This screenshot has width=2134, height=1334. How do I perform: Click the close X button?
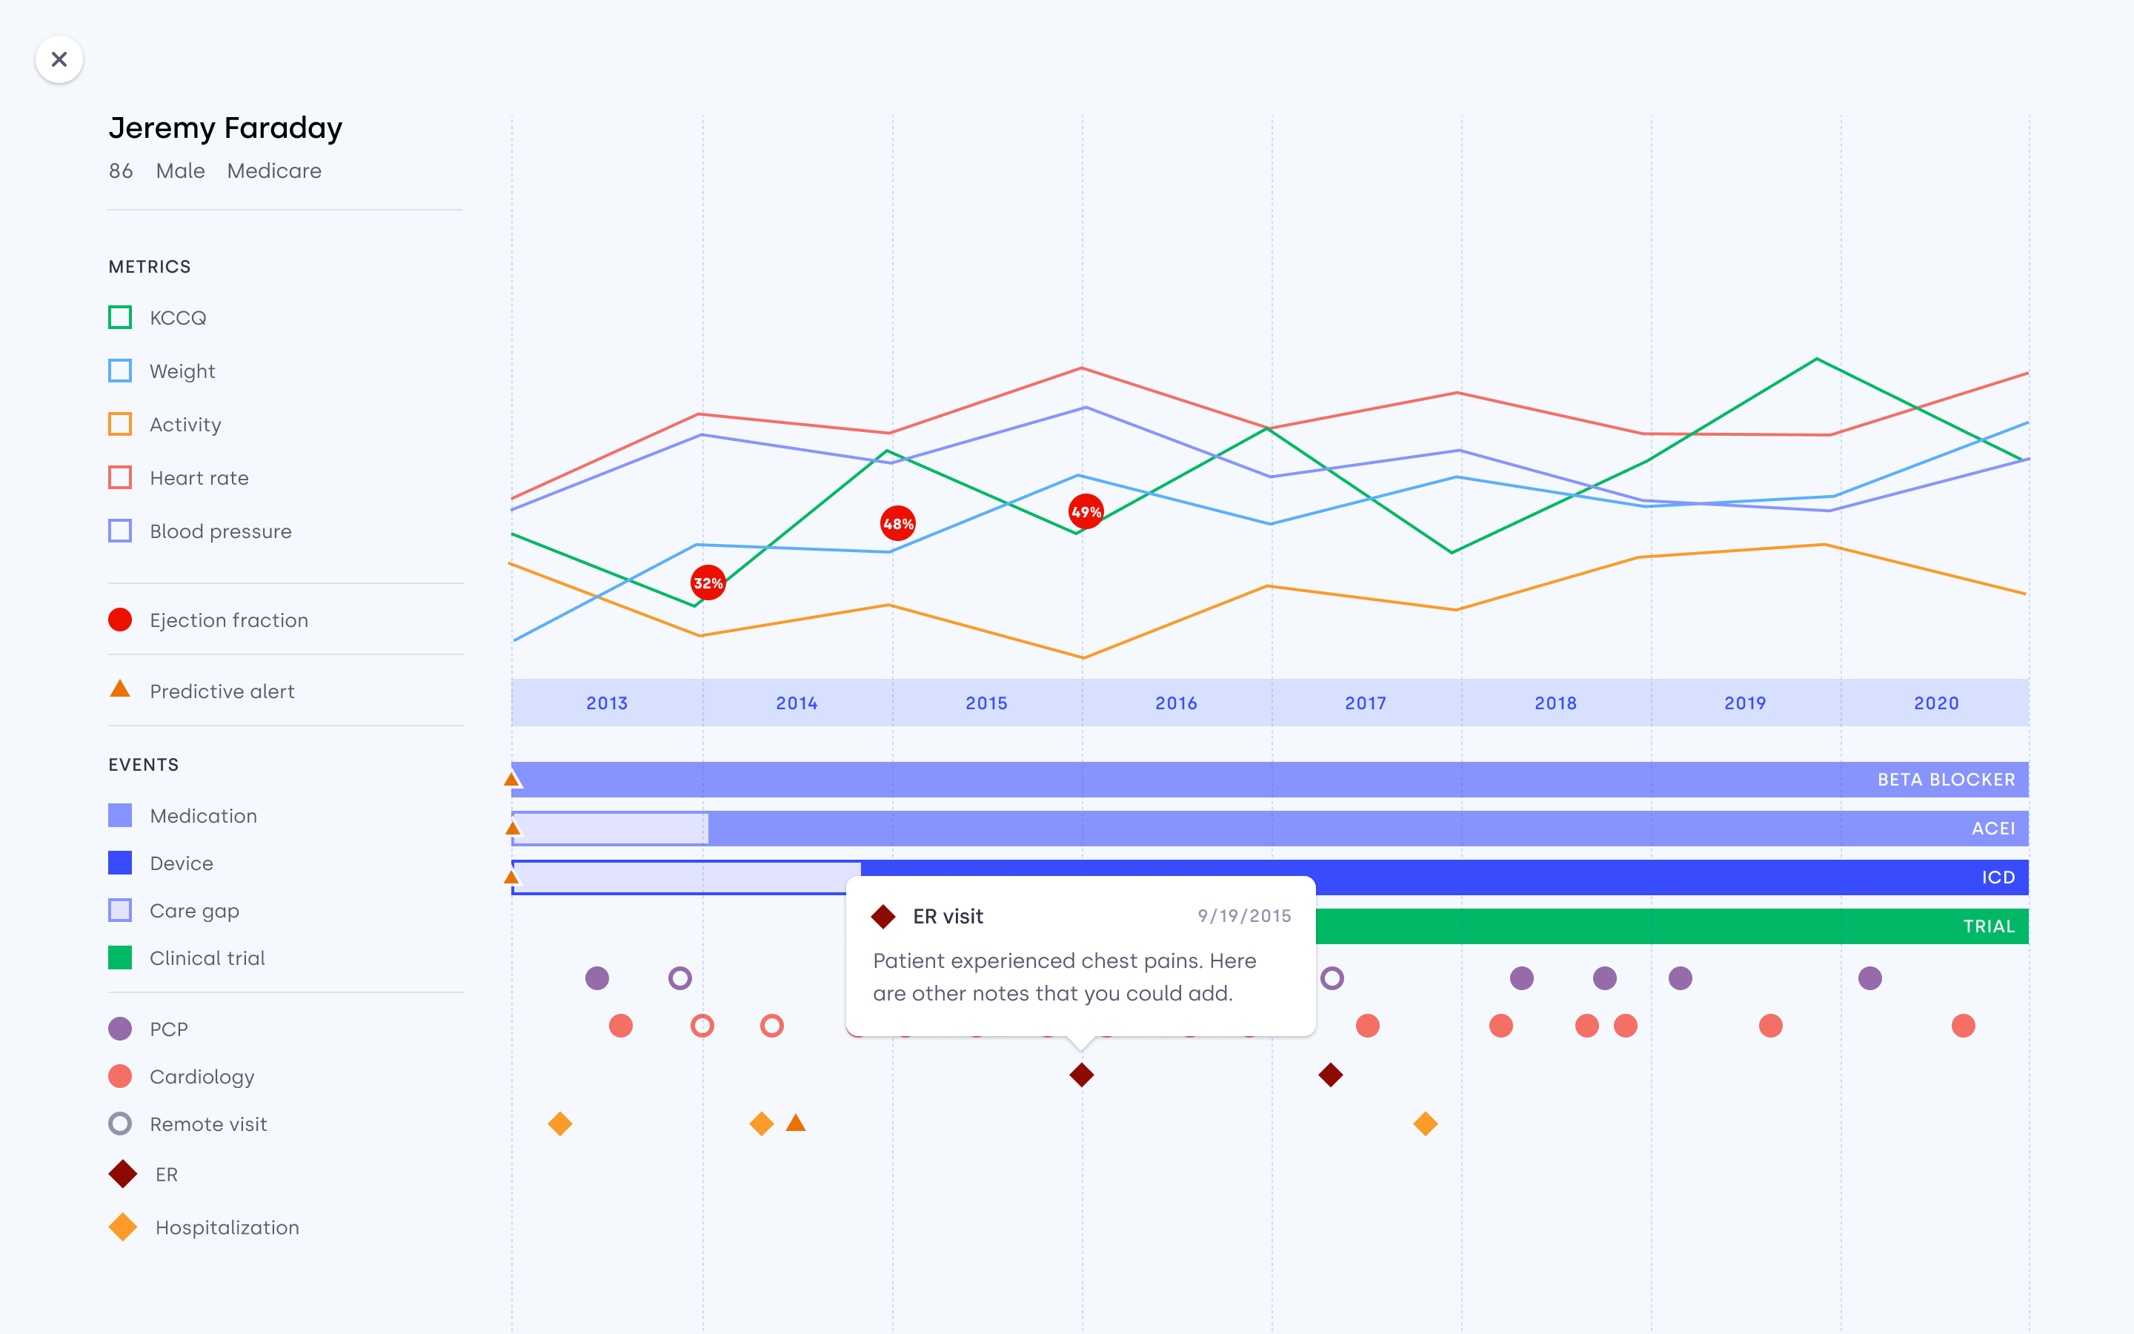pyautogui.click(x=59, y=59)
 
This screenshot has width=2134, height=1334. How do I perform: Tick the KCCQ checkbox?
pyautogui.click(x=120, y=318)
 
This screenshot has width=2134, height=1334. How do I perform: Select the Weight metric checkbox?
pyautogui.click(x=120, y=371)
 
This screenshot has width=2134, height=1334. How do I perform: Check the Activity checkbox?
pyautogui.click(x=120, y=425)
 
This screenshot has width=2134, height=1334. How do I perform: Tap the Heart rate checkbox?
pyautogui.click(x=120, y=477)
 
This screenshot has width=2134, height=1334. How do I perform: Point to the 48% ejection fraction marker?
pyautogui.click(x=898, y=524)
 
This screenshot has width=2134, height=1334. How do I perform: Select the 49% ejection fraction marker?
pyautogui.click(x=1086, y=511)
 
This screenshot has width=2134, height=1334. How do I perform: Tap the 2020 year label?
pyautogui.click(x=1935, y=703)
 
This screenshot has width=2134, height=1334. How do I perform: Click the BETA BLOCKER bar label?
pyautogui.click(x=1945, y=780)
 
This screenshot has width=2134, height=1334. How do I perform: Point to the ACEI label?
pyautogui.click(x=1993, y=829)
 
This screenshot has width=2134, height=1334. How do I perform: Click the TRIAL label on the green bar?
pyautogui.click(x=1989, y=926)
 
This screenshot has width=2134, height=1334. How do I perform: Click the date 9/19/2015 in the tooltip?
pyautogui.click(x=1243, y=916)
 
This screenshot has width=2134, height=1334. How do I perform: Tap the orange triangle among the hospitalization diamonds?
pyautogui.click(x=795, y=1123)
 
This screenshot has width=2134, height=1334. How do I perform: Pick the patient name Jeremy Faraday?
pyautogui.click(x=225, y=128)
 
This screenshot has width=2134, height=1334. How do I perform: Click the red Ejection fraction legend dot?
pyautogui.click(x=120, y=620)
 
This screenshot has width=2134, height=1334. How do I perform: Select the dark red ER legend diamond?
pyautogui.click(x=122, y=1175)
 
